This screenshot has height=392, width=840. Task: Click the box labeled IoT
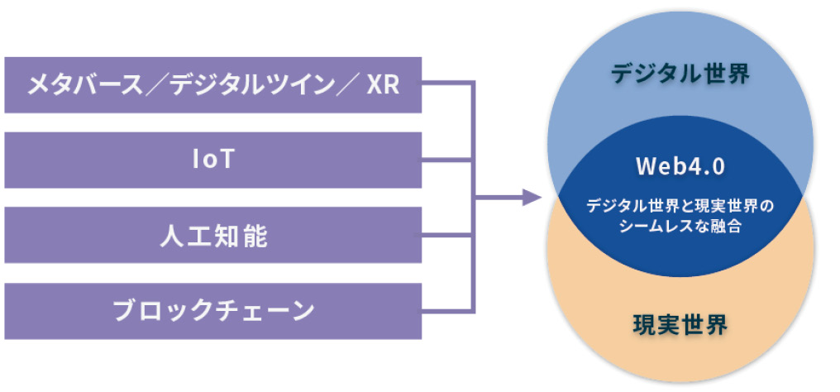point(213,160)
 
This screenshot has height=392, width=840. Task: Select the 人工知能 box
point(213,236)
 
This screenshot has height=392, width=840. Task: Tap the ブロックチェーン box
point(213,311)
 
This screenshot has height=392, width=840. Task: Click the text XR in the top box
point(383,86)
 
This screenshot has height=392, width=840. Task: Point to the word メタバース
point(85,86)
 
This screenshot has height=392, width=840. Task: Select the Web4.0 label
point(680,166)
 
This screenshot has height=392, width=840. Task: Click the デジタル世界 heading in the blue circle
point(680,74)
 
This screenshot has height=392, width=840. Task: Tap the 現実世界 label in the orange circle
point(680,324)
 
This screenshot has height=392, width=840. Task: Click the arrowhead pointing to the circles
point(532,198)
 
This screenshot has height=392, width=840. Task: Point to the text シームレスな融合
point(680,226)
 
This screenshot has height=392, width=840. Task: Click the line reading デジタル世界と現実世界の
point(680,206)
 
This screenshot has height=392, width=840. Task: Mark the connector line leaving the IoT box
point(446,160)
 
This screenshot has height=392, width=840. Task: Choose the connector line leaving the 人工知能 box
point(446,236)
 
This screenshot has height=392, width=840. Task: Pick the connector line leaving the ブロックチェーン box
point(446,311)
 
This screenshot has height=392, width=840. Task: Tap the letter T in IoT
point(226,160)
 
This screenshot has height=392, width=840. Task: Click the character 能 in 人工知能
point(255,237)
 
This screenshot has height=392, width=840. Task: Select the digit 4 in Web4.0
point(693,166)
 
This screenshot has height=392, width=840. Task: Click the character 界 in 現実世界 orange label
point(716,324)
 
